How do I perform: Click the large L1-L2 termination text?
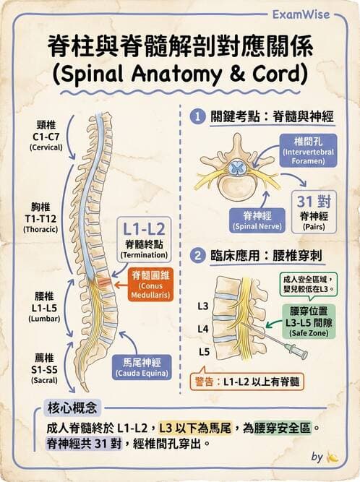(x=144, y=230)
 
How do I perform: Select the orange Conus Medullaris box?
(x=149, y=288)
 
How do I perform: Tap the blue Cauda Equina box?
(x=141, y=366)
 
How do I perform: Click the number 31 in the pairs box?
(x=304, y=201)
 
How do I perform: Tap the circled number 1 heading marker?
(x=196, y=116)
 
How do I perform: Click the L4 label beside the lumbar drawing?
(x=203, y=329)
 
